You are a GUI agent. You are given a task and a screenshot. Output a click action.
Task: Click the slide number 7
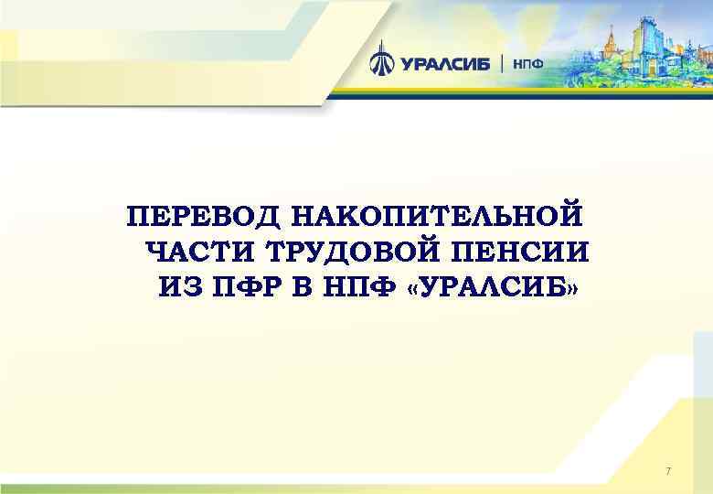[668, 471]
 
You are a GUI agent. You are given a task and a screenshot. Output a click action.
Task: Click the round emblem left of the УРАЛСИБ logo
[381, 63]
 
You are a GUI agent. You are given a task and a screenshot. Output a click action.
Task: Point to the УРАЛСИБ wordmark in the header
[445, 64]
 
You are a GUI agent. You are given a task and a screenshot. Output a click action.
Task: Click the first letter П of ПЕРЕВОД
[136, 217]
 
